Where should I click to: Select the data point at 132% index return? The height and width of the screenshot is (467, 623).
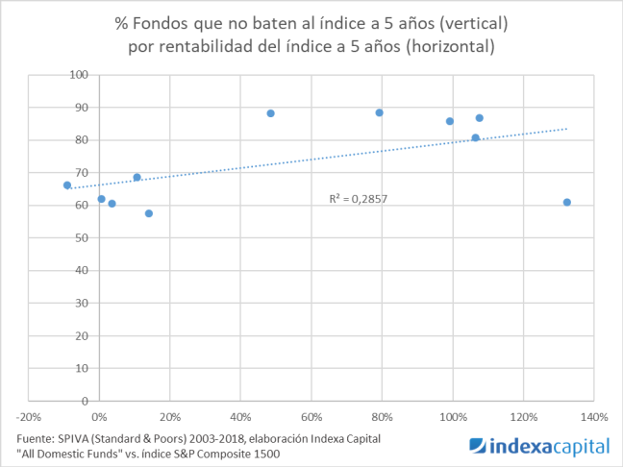pyautogui.click(x=566, y=203)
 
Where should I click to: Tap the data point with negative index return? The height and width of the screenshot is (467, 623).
pyautogui.click(x=67, y=185)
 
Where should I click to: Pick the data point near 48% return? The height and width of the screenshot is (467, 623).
pyautogui.click(x=270, y=113)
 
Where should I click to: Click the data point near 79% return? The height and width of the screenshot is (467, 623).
pyautogui.click(x=379, y=112)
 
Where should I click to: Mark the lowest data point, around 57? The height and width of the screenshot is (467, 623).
pyautogui.click(x=148, y=213)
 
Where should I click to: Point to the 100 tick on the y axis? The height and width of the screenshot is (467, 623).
pyautogui.click(x=79, y=75)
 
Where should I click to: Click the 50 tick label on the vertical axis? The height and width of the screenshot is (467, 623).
pyautogui.click(x=82, y=237)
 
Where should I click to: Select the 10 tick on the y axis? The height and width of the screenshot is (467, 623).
pyautogui.click(x=82, y=368)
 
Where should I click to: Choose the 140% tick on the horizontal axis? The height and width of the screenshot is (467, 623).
pyautogui.click(x=594, y=418)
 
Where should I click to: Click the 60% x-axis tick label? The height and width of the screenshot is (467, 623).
pyautogui.click(x=311, y=418)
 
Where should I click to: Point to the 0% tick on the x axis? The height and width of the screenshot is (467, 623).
pyautogui.click(x=99, y=418)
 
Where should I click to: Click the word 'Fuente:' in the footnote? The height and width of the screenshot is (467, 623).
pyautogui.click(x=36, y=438)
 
